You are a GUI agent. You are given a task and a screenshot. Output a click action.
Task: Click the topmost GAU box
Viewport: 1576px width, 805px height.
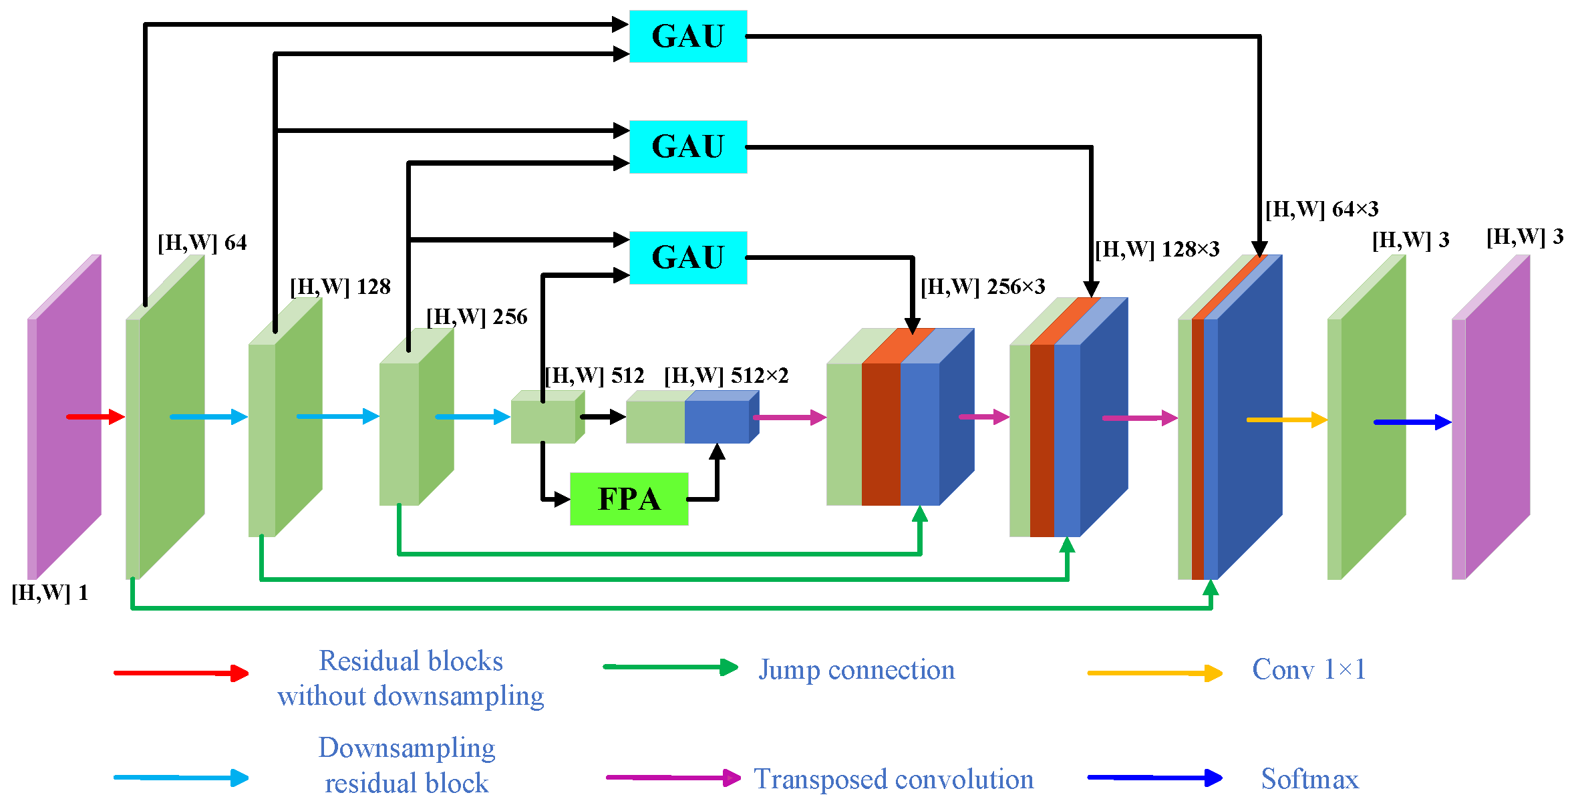point(687,36)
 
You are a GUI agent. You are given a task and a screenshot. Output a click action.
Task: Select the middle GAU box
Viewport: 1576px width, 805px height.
point(687,147)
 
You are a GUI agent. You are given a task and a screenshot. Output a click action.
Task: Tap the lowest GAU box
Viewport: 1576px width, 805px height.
point(687,257)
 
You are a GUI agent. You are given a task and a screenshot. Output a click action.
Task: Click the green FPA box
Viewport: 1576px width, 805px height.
point(629,499)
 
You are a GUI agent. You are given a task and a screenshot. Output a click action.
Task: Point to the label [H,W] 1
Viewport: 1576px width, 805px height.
point(49,593)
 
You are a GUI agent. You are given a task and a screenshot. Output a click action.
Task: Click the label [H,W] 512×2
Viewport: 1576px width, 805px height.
point(726,375)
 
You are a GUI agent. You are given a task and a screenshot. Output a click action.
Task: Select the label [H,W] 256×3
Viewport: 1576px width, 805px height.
point(983,287)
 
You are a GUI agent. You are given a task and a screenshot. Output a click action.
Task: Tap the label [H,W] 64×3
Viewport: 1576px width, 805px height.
point(1321,209)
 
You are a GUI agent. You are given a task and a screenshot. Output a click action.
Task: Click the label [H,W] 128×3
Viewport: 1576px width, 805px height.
point(1157,249)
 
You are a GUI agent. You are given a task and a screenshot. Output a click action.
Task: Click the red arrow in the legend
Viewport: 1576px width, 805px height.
point(181,673)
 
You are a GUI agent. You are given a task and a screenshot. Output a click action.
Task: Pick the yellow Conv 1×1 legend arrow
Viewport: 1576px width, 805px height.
point(1154,673)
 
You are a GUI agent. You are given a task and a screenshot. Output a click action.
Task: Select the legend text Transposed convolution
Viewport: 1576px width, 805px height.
point(893,779)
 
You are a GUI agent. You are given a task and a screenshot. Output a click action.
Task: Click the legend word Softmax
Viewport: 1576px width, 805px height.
point(1309,779)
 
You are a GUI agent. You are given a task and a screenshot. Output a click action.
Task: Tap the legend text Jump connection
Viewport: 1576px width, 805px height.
point(856,669)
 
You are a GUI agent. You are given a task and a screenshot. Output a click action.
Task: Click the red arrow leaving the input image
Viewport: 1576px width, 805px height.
point(95,417)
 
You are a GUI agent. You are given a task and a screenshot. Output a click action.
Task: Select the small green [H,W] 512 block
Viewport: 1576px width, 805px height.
point(544,421)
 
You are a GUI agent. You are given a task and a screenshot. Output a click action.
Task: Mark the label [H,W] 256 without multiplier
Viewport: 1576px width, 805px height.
point(476,317)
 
